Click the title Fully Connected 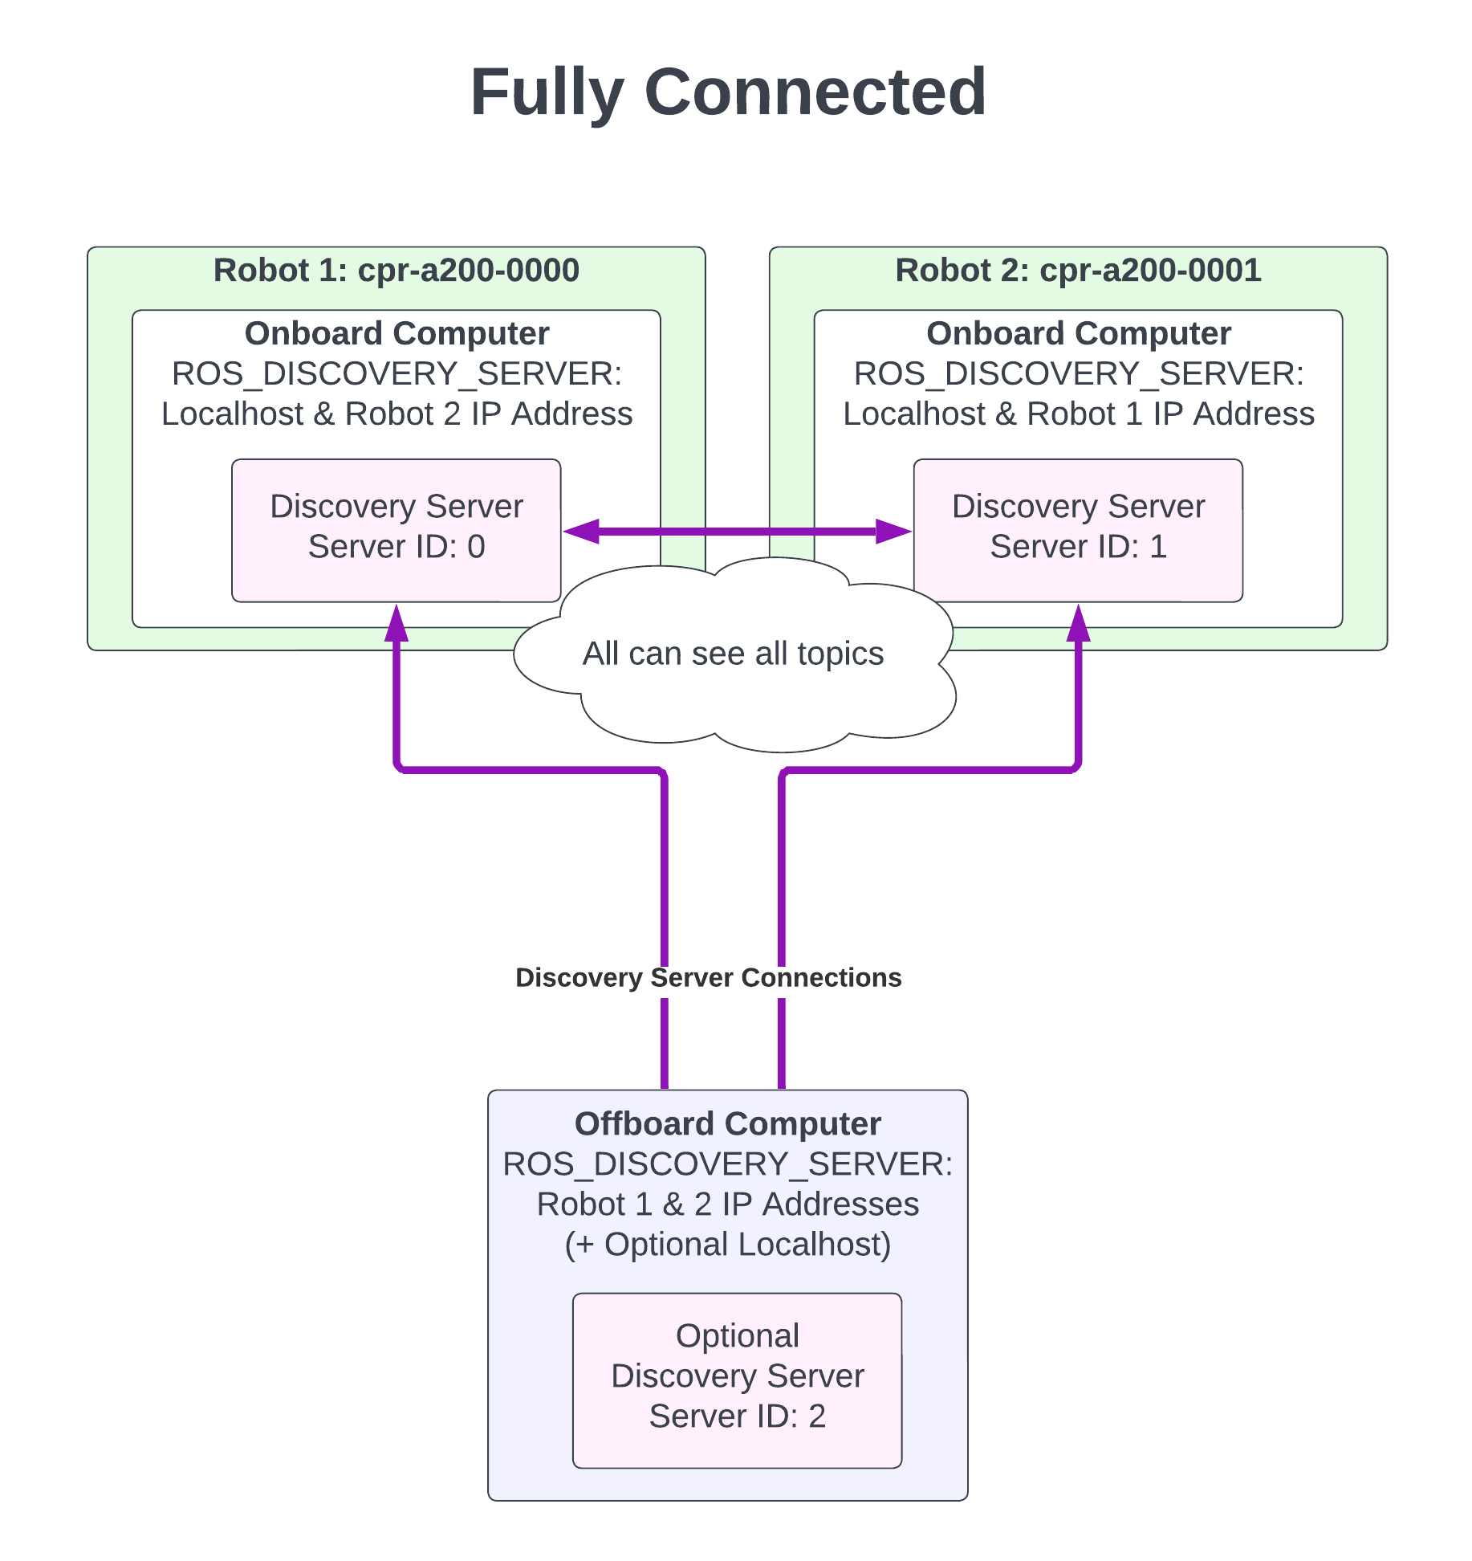click(728, 92)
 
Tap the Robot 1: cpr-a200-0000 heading click(396, 271)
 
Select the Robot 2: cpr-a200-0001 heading click(1078, 271)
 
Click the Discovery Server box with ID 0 click(396, 529)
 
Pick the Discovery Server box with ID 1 click(1078, 529)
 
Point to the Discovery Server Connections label click(708, 977)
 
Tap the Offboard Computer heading click(727, 1124)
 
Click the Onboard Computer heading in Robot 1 click(396, 333)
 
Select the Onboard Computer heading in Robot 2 click(1078, 333)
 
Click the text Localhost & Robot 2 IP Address click(396, 414)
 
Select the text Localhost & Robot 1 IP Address click(1078, 414)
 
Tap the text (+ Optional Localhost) click(727, 1245)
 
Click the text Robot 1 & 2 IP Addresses click(727, 1204)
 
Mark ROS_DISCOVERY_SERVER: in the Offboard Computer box click(727, 1164)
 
